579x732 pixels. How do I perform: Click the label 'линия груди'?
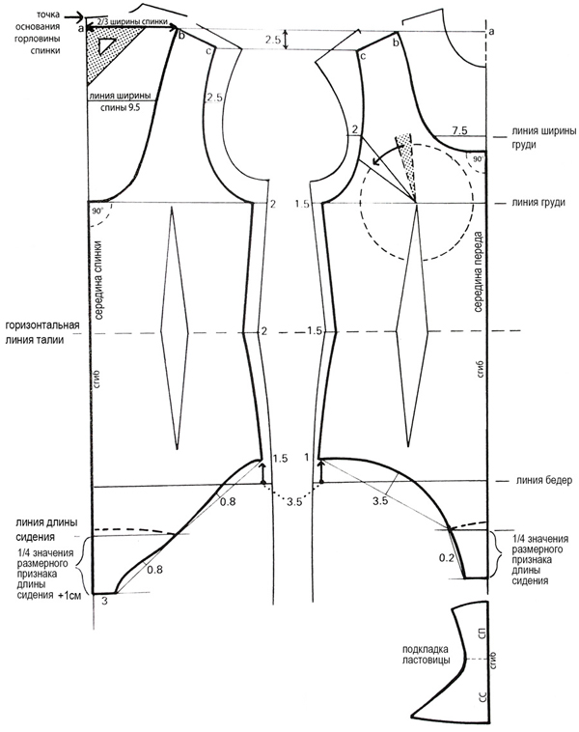pyautogui.click(x=531, y=203)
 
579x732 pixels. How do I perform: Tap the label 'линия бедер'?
pyautogui.click(x=531, y=481)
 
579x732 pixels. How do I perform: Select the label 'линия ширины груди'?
pyautogui.click(x=531, y=138)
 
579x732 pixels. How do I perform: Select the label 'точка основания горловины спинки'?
pyautogui.click(x=33, y=29)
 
